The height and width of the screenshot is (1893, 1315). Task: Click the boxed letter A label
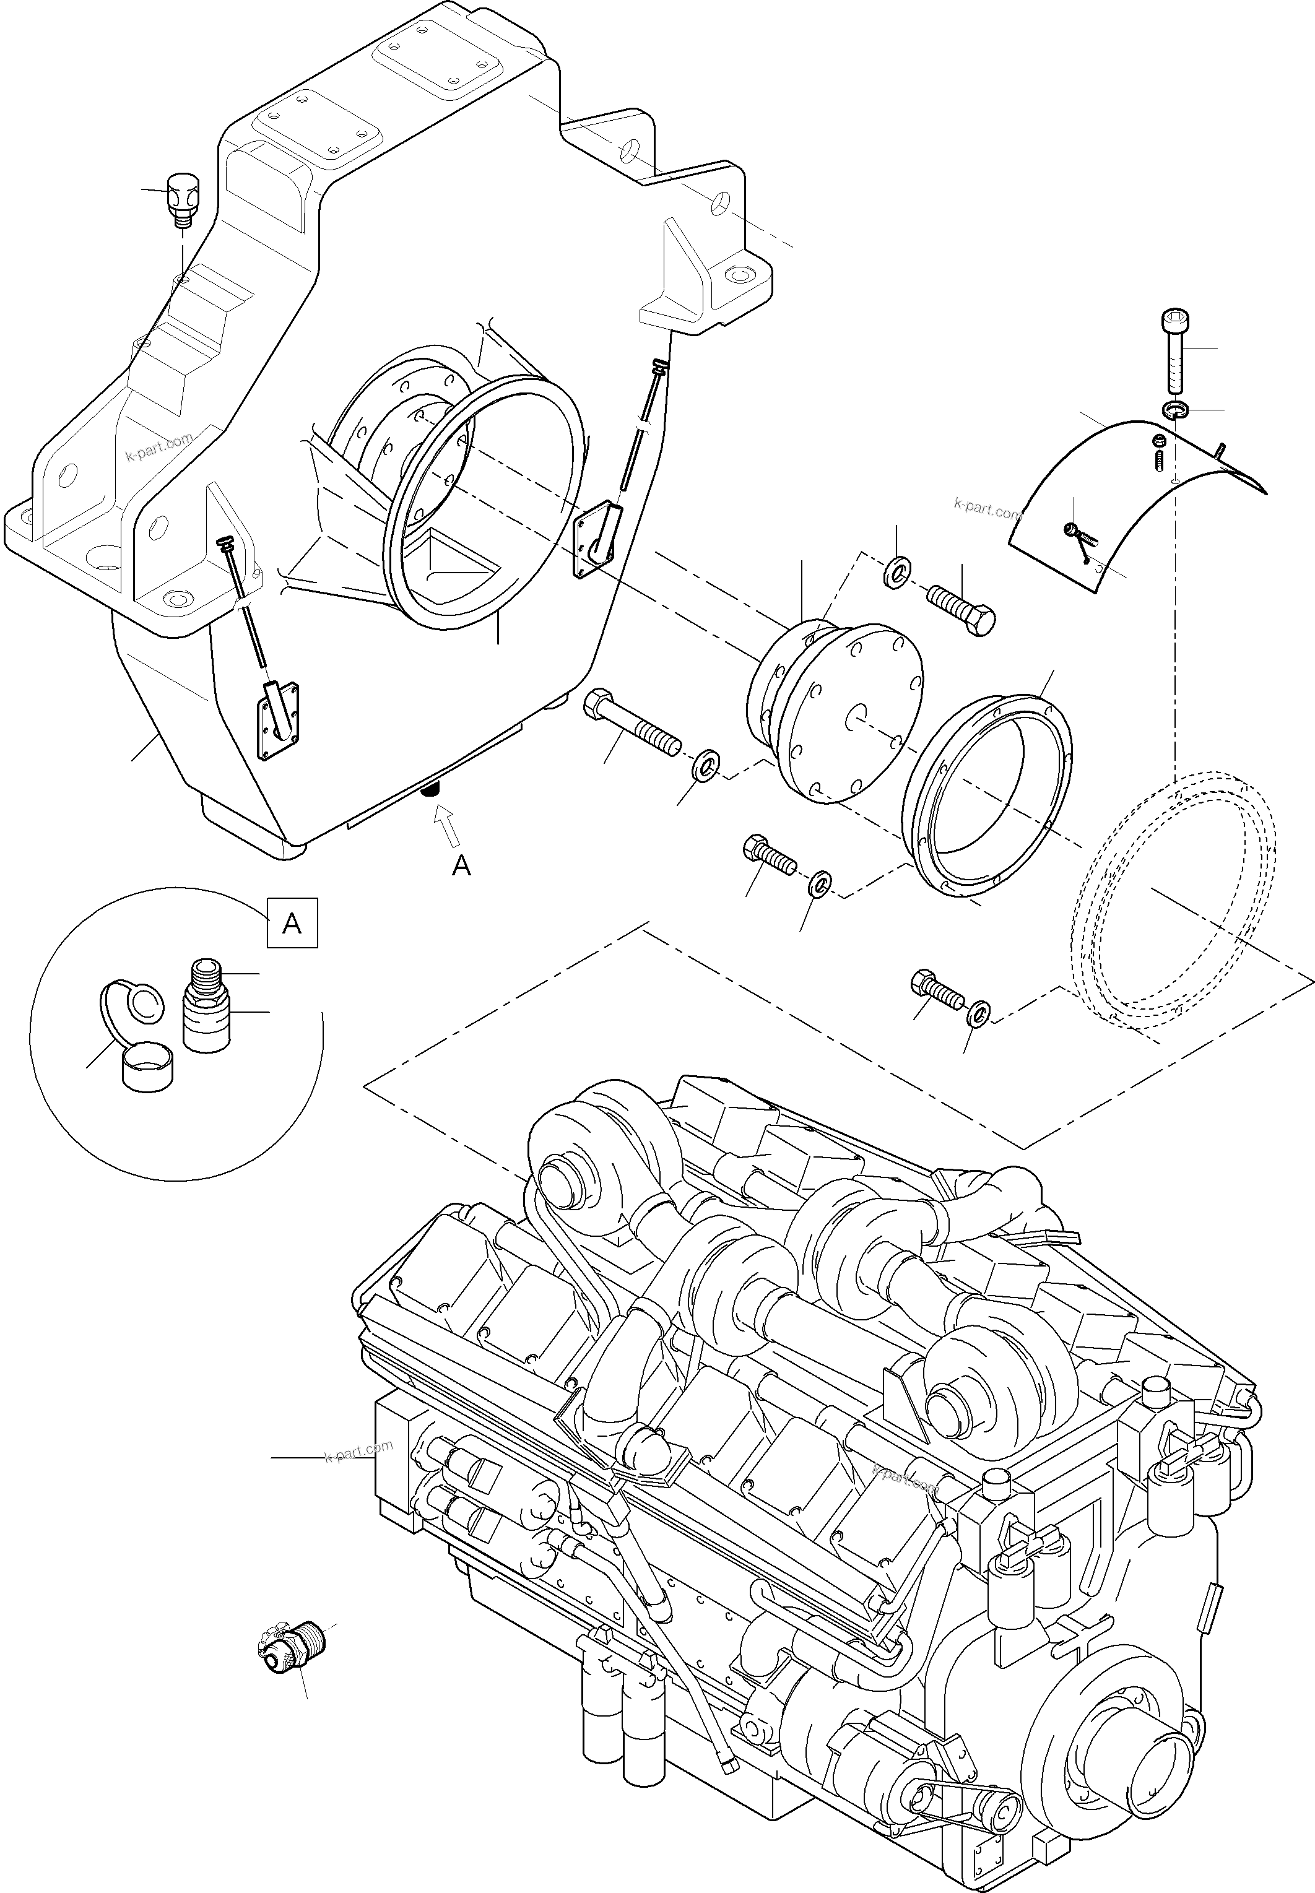tap(292, 924)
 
